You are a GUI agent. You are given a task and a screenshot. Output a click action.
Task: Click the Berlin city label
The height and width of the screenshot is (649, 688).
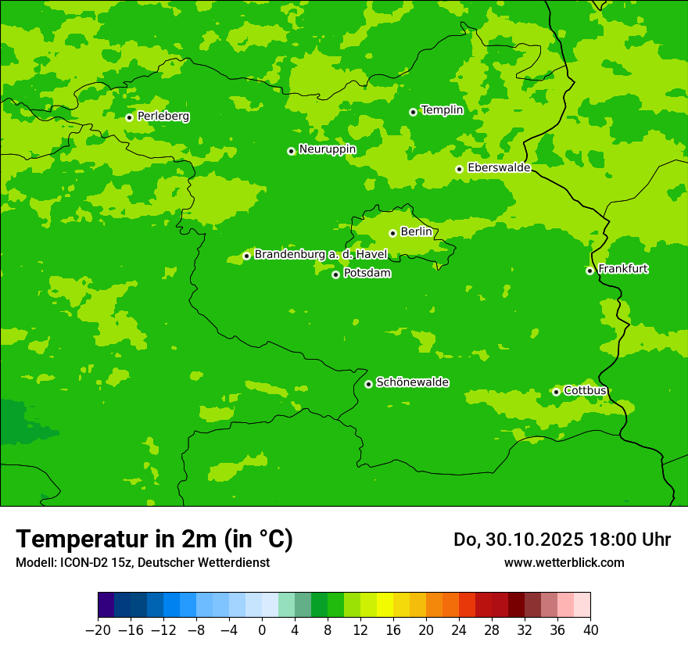(x=416, y=231)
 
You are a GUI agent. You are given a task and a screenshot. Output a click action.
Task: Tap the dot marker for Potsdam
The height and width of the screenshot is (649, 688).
(x=335, y=274)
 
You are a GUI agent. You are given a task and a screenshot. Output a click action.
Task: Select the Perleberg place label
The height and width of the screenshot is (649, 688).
(x=163, y=117)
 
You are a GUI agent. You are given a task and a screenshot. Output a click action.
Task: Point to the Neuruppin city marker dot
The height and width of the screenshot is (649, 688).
(x=291, y=151)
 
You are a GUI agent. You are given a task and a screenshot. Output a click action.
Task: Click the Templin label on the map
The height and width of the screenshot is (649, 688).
(x=442, y=110)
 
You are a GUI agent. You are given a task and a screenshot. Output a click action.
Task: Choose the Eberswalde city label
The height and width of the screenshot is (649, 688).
(x=499, y=168)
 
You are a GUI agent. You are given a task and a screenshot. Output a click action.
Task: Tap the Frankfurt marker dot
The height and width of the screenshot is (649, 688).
(x=589, y=271)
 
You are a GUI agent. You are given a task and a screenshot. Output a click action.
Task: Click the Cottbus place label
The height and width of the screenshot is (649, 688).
(x=586, y=390)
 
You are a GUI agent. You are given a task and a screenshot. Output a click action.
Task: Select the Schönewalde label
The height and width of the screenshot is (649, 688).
(x=413, y=382)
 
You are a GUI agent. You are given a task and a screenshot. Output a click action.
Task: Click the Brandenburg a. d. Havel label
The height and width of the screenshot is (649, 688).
(x=321, y=254)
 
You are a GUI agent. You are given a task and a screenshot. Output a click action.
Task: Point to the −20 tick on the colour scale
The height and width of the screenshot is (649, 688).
(x=98, y=629)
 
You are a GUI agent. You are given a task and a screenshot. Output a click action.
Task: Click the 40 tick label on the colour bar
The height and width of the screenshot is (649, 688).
(x=590, y=629)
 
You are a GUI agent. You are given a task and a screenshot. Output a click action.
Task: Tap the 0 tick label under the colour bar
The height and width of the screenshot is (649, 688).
(x=262, y=629)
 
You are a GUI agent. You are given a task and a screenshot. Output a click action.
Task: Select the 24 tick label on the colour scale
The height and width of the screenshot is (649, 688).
(x=459, y=629)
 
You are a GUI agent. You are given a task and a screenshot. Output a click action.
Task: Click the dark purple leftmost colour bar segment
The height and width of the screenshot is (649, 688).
(x=106, y=604)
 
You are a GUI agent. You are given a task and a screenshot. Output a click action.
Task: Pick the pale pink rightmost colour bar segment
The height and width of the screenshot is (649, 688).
(x=582, y=604)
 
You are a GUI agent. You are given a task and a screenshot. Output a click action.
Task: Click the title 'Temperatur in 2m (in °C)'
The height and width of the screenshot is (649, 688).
(x=154, y=539)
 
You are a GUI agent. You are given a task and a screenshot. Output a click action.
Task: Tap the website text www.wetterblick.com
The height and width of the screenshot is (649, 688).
(x=564, y=562)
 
